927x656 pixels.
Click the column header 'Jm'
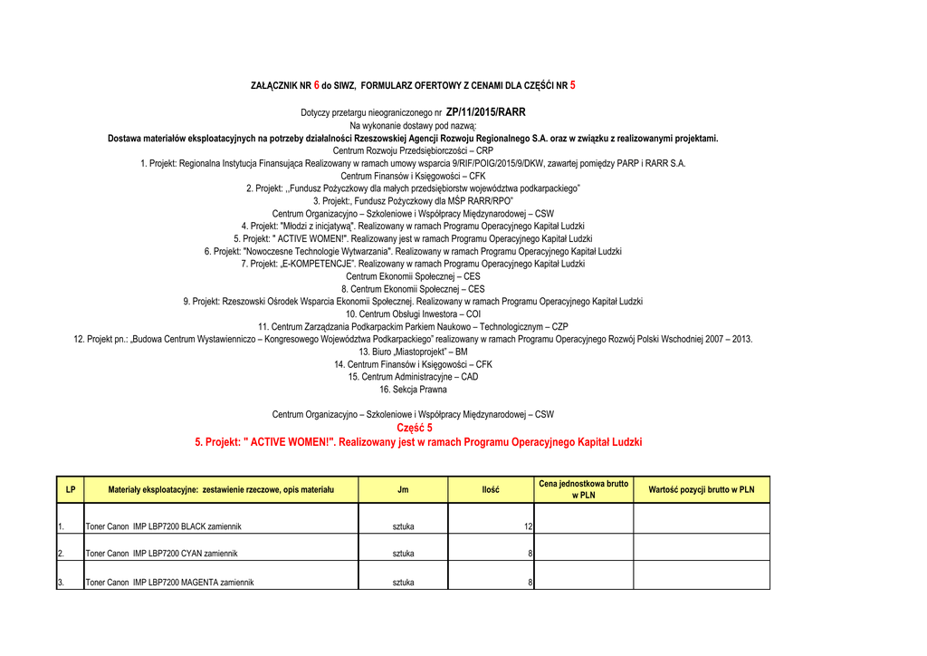403,489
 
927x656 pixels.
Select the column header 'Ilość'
491,489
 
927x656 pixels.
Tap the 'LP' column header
70,489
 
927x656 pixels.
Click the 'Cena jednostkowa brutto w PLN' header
583,489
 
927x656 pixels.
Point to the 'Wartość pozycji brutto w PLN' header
701,489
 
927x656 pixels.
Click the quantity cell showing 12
527,526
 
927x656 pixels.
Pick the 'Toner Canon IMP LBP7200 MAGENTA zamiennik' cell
169,583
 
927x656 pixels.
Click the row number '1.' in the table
61,526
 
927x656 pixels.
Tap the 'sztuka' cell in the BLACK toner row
403,526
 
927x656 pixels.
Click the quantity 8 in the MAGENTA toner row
530,583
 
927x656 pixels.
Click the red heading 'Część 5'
415,428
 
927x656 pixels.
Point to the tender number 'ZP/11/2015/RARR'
485,112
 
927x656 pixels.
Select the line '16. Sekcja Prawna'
413,390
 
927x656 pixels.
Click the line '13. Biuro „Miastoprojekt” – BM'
413,352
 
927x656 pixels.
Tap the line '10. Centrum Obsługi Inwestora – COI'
413,314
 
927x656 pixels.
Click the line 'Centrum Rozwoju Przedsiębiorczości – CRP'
413,150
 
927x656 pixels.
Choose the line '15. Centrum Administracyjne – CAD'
413,377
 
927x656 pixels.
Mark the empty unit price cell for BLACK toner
583,521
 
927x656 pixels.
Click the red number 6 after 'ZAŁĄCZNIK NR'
317,85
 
